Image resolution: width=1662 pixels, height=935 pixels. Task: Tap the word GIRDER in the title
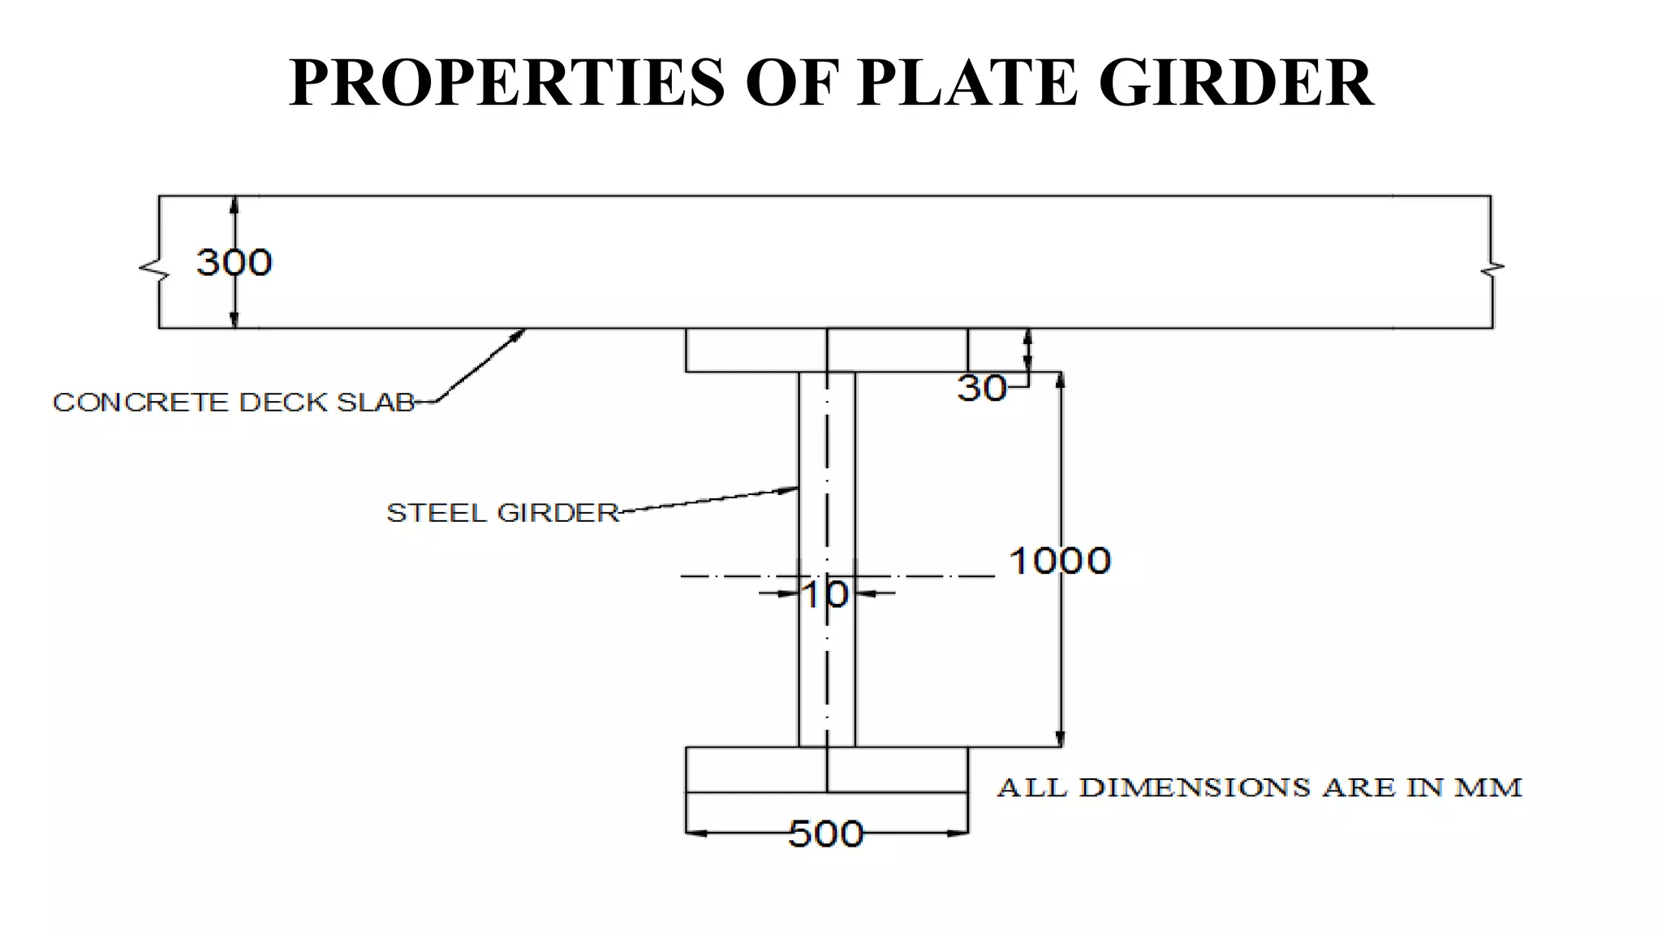(1236, 82)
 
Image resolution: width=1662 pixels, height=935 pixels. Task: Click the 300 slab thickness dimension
(234, 262)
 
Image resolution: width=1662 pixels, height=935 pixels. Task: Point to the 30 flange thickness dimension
(982, 389)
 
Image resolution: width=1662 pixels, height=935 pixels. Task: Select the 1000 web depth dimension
(1060, 561)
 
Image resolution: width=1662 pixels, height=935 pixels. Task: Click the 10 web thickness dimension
(826, 595)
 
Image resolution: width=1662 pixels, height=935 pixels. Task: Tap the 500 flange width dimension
(826, 834)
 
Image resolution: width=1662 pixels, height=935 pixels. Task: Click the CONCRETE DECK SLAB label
(234, 403)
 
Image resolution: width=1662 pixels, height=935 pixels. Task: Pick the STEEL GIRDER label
(503, 513)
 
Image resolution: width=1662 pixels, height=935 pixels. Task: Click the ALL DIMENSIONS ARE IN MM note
(1259, 787)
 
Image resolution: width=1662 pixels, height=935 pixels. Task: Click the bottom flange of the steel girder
(827, 769)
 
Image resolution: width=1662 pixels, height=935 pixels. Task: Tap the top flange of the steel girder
(827, 350)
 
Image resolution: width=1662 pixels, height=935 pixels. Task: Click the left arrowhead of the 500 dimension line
(696, 833)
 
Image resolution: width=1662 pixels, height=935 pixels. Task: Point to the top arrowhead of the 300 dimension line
(235, 205)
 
